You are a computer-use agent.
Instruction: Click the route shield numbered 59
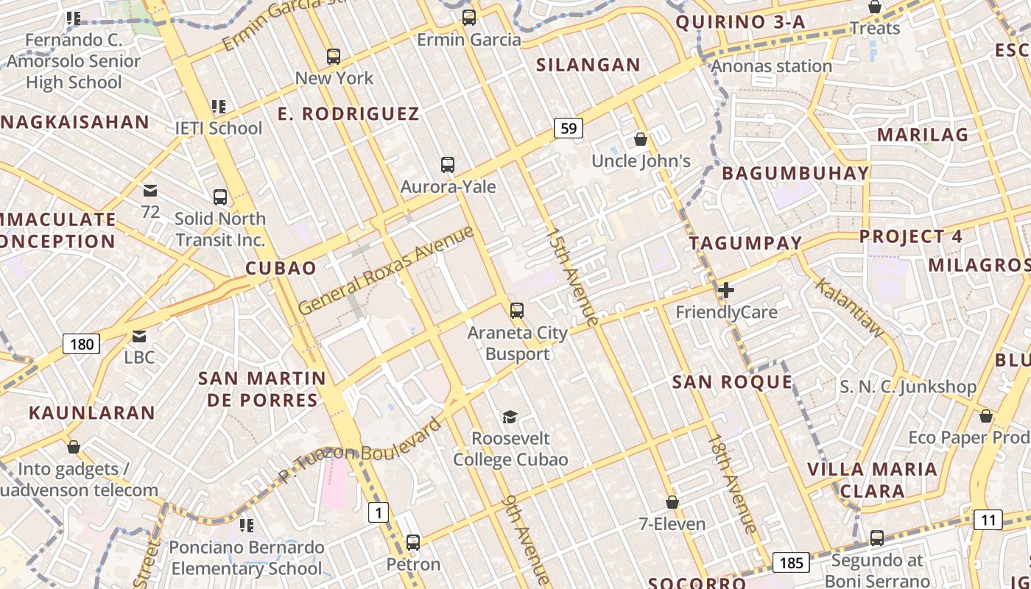point(569,129)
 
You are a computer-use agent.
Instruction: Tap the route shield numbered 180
point(81,343)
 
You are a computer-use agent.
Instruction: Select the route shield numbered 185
point(791,563)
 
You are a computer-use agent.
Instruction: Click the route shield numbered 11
point(988,521)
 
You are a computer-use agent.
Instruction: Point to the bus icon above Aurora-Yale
point(447,165)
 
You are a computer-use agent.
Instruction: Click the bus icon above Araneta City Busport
point(517,311)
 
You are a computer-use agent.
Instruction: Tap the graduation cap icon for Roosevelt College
point(510,417)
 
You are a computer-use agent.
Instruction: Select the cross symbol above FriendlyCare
point(726,290)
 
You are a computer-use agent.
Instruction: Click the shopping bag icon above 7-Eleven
point(672,502)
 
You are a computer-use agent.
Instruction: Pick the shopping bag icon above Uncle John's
point(641,139)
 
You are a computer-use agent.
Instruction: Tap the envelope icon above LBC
point(139,336)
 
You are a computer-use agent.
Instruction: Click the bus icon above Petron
point(413,543)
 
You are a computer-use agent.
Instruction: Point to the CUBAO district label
point(281,268)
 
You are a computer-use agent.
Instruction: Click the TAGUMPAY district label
point(745,243)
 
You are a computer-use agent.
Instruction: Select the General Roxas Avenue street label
point(386,270)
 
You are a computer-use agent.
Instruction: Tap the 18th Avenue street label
point(732,483)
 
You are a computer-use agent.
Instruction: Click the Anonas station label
point(771,66)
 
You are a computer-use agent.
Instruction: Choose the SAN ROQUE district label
point(732,381)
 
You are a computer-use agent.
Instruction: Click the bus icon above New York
point(334,56)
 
